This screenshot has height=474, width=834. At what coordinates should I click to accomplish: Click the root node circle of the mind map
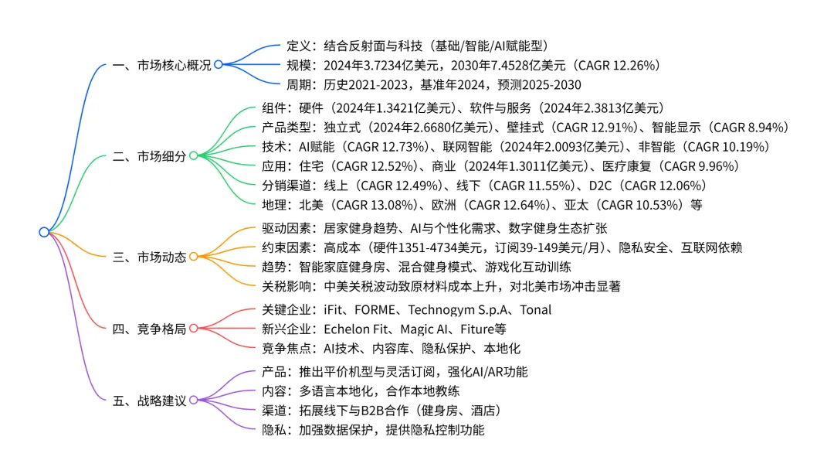tap(44, 232)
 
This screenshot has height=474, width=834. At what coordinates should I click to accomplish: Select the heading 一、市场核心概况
tap(161, 66)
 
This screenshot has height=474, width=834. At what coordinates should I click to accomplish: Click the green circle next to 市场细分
tap(193, 156)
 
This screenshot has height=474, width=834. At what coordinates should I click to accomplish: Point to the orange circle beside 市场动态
tap(193, 257)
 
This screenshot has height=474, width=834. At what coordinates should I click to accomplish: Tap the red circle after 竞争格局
tap(193, 329)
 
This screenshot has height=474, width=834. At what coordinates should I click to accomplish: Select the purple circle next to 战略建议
tap(193, 401)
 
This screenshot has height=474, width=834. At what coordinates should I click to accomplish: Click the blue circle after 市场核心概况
tap(219, 66)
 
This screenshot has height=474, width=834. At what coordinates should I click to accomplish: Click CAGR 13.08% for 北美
tap(371, 205)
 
